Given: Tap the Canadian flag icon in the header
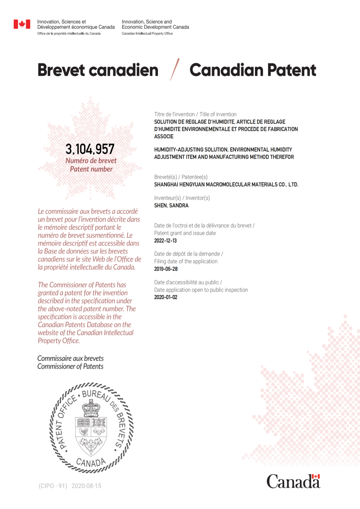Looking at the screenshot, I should pyautogui.click(x=22, y=24).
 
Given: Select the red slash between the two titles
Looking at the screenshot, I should pyautogui.click(x=175, y=70).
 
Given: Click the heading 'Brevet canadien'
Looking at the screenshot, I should pyautogui.click(x=97, y=70).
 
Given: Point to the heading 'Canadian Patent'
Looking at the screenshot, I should pyautogui.click(x=253, y=70).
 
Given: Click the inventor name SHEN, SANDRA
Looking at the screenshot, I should pyautogui.click(x=172, y=205).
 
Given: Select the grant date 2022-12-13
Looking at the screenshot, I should pyautogui.click(x=166, y=241).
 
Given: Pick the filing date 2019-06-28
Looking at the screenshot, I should pyautogui.click(x=166, y=269).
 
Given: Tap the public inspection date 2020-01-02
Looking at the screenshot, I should pyautogui.click(x=166, y=297).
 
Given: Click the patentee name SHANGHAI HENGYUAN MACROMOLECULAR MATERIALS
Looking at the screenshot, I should pyautogui.click(x=226, y=185).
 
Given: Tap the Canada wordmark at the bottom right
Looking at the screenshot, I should pyautogui.click(x=293, y=481).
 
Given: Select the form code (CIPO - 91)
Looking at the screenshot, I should pyautogui.click(x=53, y=486).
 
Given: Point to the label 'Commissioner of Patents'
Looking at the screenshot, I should pyautogui.click(x=70, y=366).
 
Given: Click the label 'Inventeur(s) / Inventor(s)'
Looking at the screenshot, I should pyautogui.click(x=182, y=198).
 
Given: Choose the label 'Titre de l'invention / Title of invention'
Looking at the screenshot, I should pyautogui.click(x=195, y=114).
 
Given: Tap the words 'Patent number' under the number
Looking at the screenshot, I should pyautogui.click(x=91, y=169).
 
